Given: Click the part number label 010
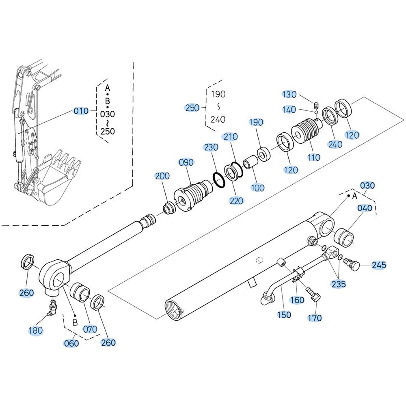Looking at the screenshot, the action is tap(81, 111).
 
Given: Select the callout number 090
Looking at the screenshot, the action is tap(186, 162).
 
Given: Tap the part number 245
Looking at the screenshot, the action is tap(379, 265).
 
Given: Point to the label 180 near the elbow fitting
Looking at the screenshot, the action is tap(35, 330).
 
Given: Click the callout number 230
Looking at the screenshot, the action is tap(211, 147).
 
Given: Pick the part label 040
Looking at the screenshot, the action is tap(365, 208).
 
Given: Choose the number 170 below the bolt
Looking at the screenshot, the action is tap(315, 318).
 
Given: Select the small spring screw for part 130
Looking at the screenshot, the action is tap(316, 106).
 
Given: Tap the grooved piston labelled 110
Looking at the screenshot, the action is tap(307, 130).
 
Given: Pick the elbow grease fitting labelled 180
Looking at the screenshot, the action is tap(52, 308).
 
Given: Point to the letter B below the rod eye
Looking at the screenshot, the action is tap(75, 322).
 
